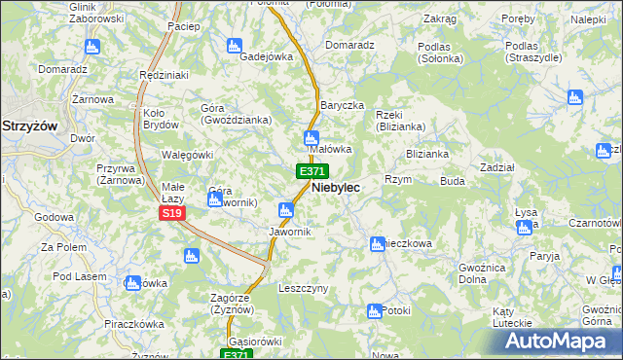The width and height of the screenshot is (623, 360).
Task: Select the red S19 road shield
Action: [x=172, y=213]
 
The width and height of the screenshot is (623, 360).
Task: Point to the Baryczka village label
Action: [x=341, y=105]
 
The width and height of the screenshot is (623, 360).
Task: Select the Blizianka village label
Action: [x=426, y=153]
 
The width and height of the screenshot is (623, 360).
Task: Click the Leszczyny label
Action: [x=304, y=289]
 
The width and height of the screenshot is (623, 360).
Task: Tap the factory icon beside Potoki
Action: [x=373, y=311]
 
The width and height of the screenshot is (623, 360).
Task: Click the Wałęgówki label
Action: [x=186, y=155]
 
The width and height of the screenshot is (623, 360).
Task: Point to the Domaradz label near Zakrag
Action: [x=349, y=45]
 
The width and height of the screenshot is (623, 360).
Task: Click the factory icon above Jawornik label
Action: [x=286, y=210]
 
